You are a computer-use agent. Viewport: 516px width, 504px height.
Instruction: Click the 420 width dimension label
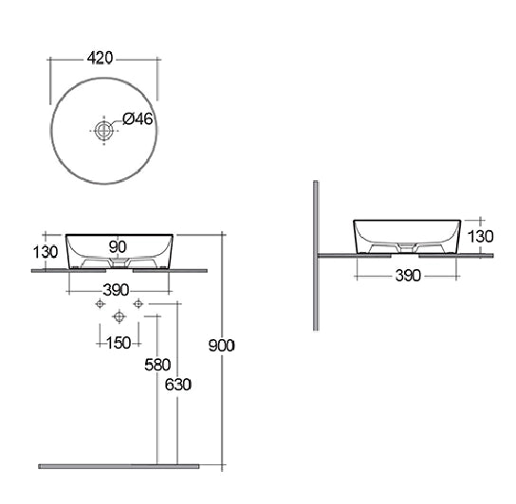pos(100,58)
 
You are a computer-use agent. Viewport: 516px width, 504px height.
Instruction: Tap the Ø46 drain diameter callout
pos(138,118)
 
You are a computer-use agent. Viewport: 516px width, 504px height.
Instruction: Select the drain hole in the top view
pos(104,131)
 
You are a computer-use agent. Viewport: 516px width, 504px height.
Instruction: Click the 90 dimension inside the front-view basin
pos(118,247)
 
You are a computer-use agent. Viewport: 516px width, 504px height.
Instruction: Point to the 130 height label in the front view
pos(46,252)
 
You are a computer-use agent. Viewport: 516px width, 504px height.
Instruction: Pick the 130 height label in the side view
pos(481,237)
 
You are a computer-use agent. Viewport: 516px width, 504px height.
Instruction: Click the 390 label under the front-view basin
pos(116,290)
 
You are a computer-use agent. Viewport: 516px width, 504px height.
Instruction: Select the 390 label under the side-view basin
pos(408,276)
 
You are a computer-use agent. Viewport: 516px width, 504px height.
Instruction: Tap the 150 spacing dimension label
pos(119,343)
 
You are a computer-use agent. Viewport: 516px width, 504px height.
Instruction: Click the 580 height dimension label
pos(157,365)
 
